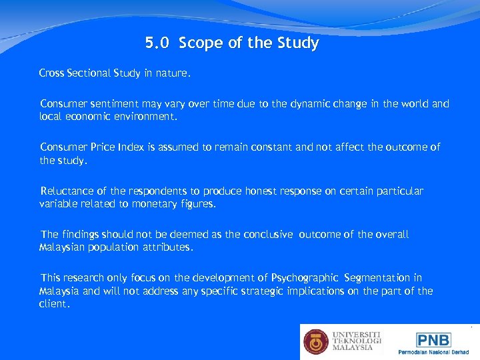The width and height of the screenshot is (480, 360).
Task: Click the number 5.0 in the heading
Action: [x=157, y=44]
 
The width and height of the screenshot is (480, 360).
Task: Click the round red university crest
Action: [x=316, y=342]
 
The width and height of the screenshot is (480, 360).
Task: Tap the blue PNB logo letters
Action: [x=433, y=340]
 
